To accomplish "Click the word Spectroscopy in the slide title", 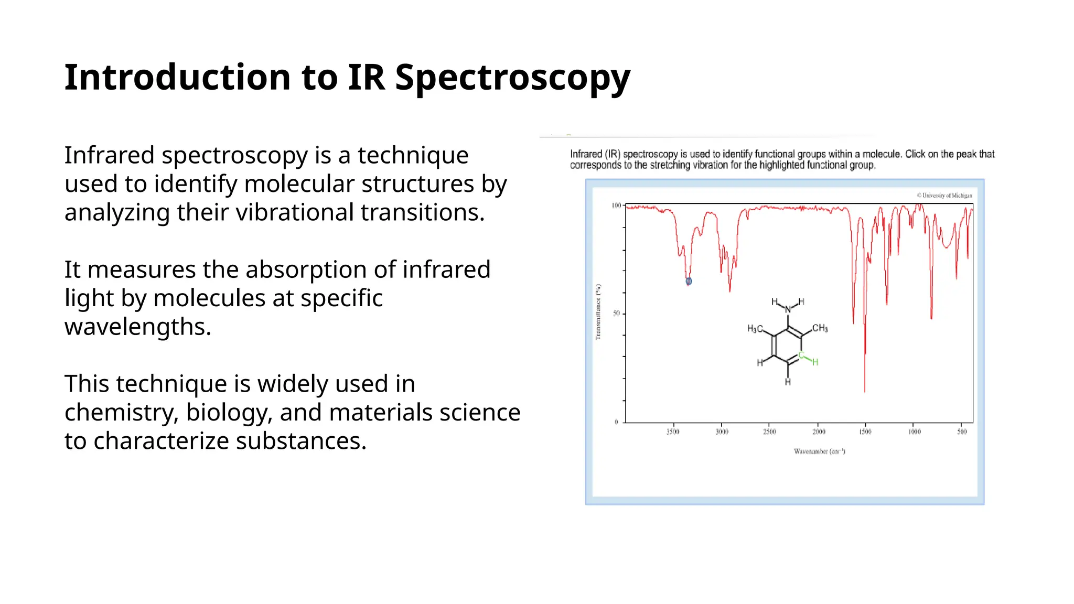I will coord(512,78).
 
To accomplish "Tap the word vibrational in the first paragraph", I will coord(295,212).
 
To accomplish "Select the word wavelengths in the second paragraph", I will coord(138,327).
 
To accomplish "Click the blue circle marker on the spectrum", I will coord(689,282).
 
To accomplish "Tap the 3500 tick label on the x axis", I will coord(673,432).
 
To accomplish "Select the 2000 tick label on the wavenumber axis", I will coord(819,432).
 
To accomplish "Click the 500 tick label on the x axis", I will coord(962,432).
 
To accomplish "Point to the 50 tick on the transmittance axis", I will coord(616,314).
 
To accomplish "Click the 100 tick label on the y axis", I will coord(616,206).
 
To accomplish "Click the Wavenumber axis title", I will coord(819,451).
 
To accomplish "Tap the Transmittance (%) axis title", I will coord(598,312).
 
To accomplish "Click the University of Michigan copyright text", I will coord(944,196).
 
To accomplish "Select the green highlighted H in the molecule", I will coord(815,362).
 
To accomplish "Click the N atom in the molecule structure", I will coord(788,310).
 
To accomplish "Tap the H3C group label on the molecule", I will coord(755,329).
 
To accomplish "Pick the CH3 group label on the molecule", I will coord(820,328).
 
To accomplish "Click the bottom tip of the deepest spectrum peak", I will coord(865,391).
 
